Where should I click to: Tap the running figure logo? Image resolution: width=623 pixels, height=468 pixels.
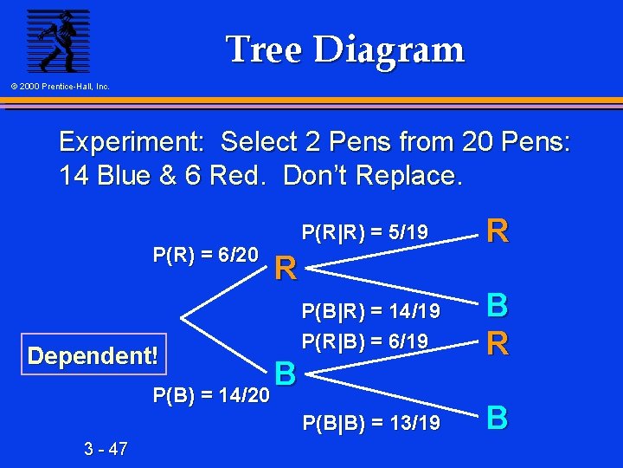click(x=57, y=41)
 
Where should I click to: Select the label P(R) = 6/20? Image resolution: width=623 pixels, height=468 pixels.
click(x=205, y=254)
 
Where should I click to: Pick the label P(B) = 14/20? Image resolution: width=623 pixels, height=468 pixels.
click(x=210, y=396)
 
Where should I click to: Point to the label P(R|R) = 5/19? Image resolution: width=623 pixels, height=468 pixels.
click(x=364, y=232)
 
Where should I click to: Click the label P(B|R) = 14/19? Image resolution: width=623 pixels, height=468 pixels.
click(x=370, y=310)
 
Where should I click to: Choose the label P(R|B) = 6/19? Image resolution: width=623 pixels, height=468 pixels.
click(x=364, y=341)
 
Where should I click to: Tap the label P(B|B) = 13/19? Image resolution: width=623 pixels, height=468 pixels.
click(x=370, y=423)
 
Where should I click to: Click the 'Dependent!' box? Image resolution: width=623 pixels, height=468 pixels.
click(x=93, y=356)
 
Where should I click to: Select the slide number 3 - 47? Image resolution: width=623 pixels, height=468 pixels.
click(x=106, y=448)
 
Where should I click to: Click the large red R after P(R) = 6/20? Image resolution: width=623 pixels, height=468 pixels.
click(x=286, y=270)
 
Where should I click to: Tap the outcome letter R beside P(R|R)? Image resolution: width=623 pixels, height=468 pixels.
click(x=497, y=231)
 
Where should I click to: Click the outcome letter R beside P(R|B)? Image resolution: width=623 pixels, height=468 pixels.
click(x=497, y=341)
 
